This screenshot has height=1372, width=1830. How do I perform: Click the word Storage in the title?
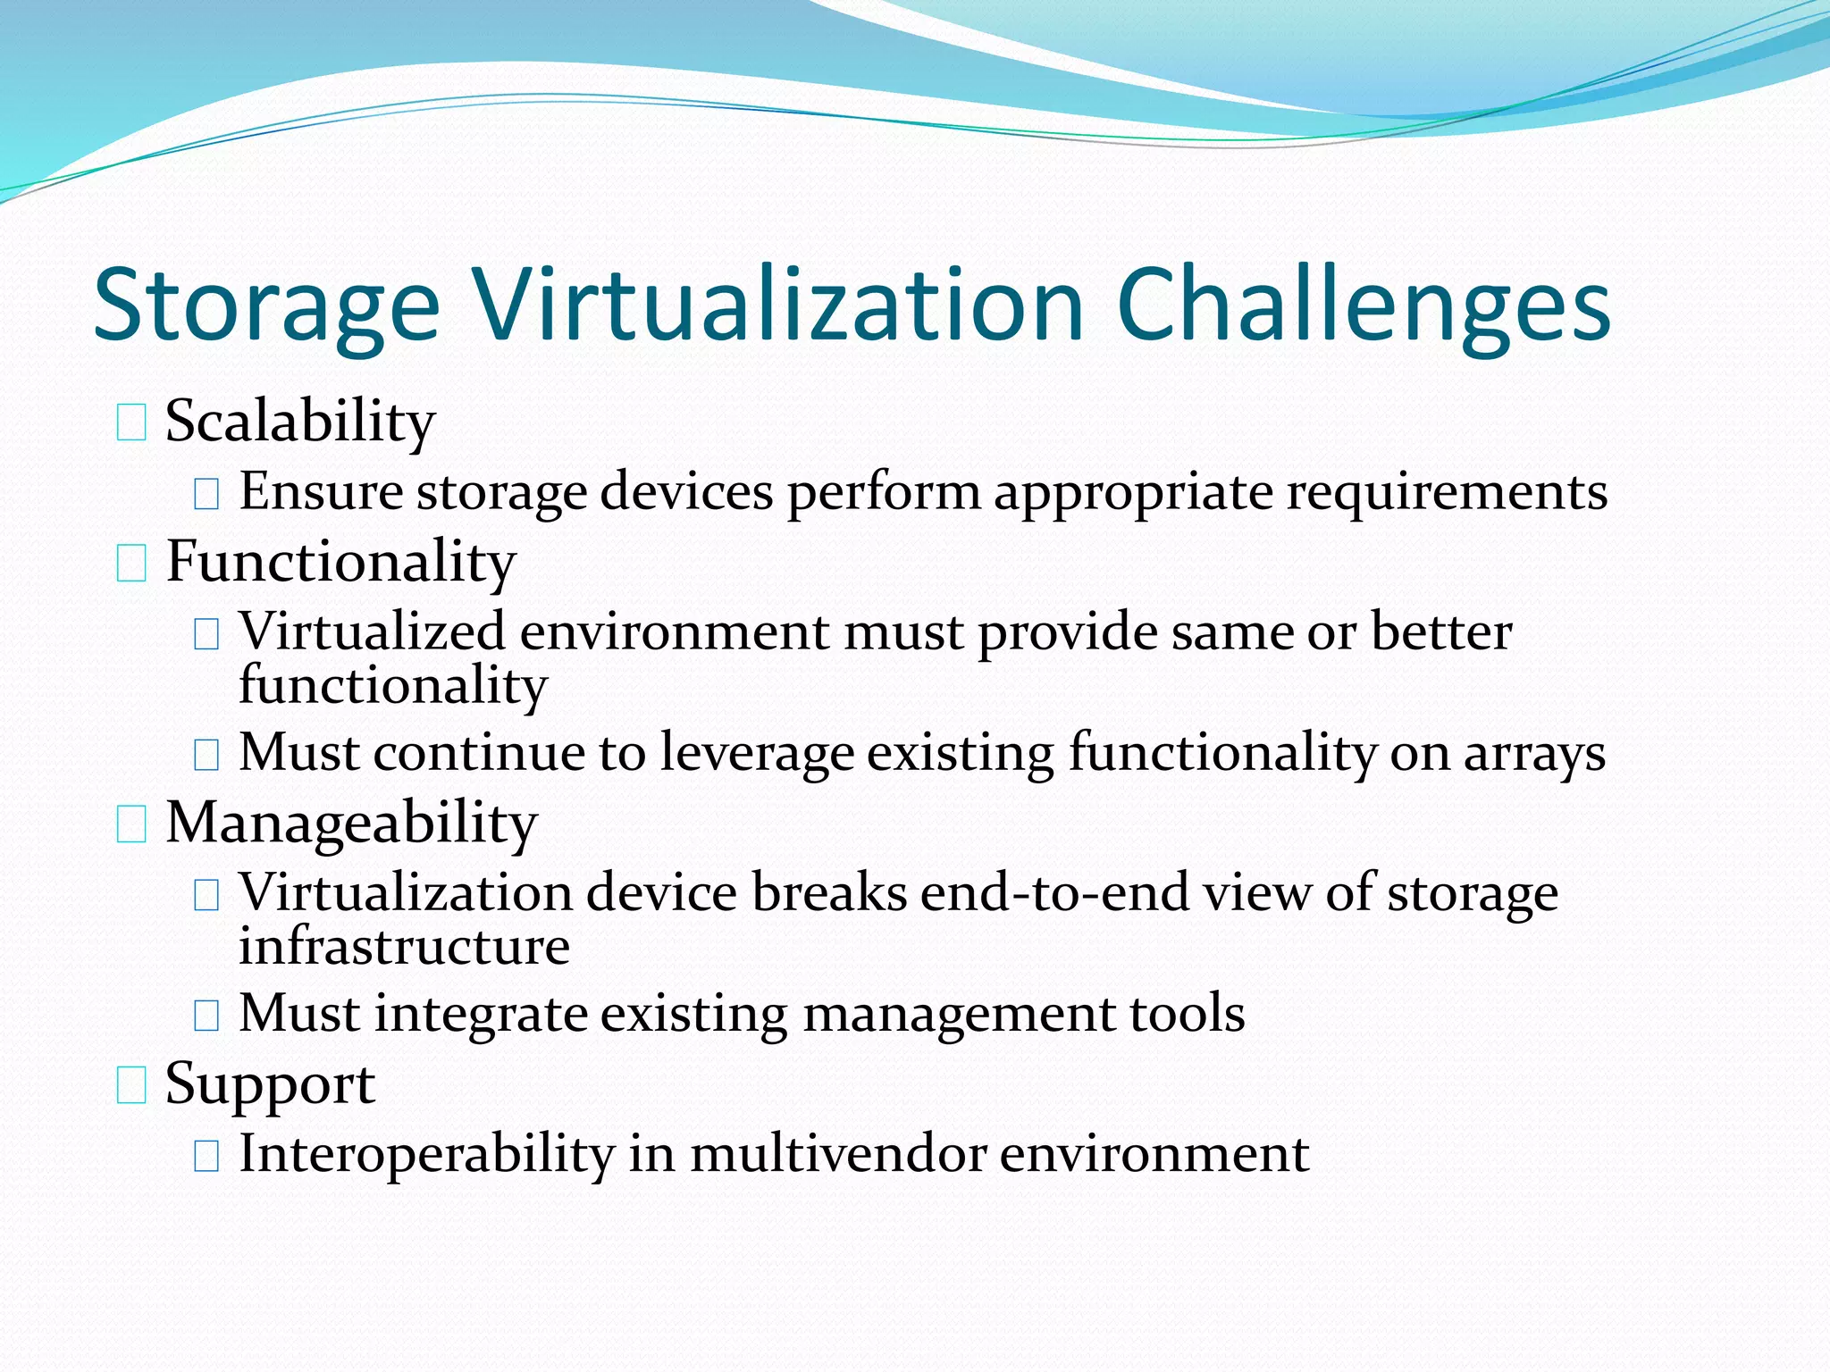(x=266, y=305)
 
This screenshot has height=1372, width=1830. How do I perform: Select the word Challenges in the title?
(x=1363, y=305)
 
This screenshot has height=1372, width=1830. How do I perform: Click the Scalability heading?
(x=300, y=422)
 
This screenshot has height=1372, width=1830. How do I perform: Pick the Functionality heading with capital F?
(x=340, y=563)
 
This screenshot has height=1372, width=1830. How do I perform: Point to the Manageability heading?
(x=351, y=824)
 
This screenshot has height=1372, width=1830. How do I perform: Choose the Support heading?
(x=270, y=1084)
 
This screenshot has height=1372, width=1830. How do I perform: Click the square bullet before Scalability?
(x=131, y=422)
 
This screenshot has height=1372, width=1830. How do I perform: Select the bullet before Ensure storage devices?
(x=206, y=493)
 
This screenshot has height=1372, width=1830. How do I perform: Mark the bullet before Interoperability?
(x=206, y=1156)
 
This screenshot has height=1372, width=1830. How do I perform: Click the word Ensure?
(x=321, y=491)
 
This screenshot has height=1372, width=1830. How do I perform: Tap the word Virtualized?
(x=373, y=632)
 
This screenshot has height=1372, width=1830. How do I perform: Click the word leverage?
(x=757, y=754)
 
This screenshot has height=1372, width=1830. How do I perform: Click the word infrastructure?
(x=404, y=946)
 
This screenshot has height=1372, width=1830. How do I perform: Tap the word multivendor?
(x=837, y=1154)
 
